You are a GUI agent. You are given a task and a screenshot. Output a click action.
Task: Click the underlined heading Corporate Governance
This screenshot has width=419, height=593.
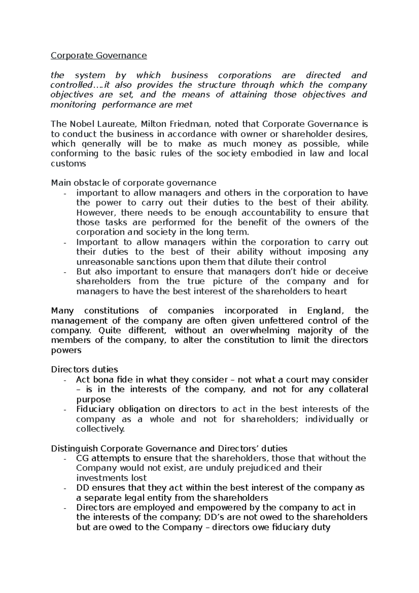click(99, 56)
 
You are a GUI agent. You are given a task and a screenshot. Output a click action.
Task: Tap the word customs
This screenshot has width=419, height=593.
click(68, 164)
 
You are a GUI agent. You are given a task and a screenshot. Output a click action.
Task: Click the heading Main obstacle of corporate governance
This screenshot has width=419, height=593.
click(133, 183)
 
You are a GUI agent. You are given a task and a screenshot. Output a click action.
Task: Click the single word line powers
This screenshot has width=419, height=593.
click(66, 350)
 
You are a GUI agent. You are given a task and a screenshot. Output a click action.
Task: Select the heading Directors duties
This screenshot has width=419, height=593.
click(84, 369)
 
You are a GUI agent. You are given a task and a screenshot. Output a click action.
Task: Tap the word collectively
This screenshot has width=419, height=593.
click(100, 429)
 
